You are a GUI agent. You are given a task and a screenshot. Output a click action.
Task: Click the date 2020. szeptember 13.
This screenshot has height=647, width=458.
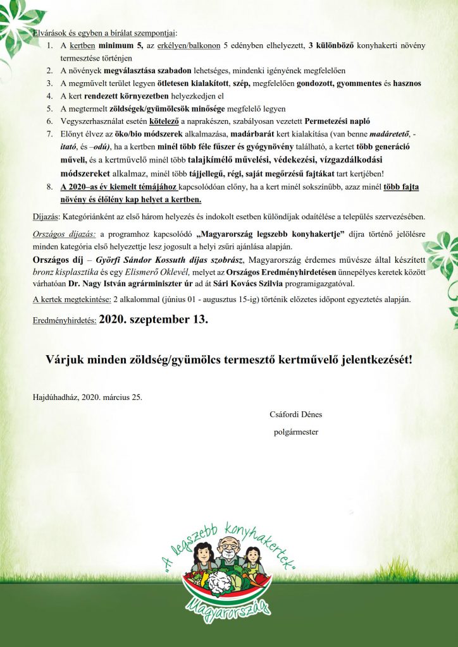point(153,319)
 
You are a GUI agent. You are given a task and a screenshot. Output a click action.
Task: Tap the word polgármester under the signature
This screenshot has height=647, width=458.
point(295,432)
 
